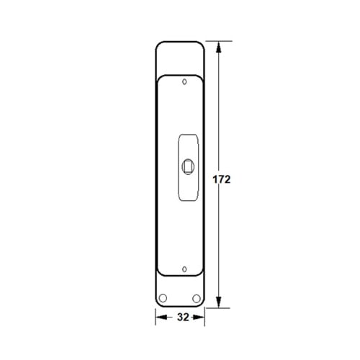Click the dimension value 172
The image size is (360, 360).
pyautogui.click(x=222, y=179)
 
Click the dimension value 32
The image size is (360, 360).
pyautogui.click(x=183, y=318)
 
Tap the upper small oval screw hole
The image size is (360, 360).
pyautogui.click(x=184, y=82)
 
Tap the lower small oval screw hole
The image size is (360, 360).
pyautogui.click(x=184, y=269)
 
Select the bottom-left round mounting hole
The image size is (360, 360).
pyautogui.click(x=163, y=298)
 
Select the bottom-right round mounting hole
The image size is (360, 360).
pyautogui.click(x=197, y=299)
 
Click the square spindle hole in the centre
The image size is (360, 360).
pyautogui.click(x=188, y=166)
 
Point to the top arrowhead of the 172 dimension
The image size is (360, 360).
pyautogui.click(x=218, y=47)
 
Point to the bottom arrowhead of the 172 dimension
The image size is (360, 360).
pyautogui.click(x=218, y=302)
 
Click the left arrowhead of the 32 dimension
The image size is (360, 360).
pyautogui.click(x=161, y=318)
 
